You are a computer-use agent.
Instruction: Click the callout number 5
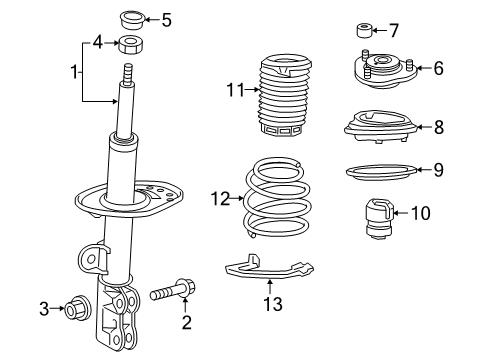click(166, 20)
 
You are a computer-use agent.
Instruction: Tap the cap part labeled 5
click(132, 20)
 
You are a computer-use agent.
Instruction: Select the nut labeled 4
click(131, 45)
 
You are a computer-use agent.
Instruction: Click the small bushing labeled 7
click(364, 30)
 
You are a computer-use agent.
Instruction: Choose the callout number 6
click(438, 68)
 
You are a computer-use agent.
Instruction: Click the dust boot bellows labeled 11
click(285, 95)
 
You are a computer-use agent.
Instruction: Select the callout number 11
click(236, 90)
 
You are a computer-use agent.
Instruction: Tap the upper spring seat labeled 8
click(381, 127)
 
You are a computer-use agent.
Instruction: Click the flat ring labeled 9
click(381, 173)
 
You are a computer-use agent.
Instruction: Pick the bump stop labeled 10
click(380, 219)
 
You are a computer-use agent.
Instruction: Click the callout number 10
click(421, 213)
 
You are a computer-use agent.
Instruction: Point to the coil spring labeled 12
click(277, 198)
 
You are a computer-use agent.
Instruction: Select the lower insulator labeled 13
click(269, 267)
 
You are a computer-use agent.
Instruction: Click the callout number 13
click(273, 304)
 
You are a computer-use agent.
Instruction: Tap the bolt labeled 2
click(173, 290)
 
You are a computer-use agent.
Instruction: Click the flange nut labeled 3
click(77, 308)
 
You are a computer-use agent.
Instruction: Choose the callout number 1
click(75, 72)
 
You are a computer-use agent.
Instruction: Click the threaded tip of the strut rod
click(128, 74)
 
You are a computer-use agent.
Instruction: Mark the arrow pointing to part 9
click(423, 170)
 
